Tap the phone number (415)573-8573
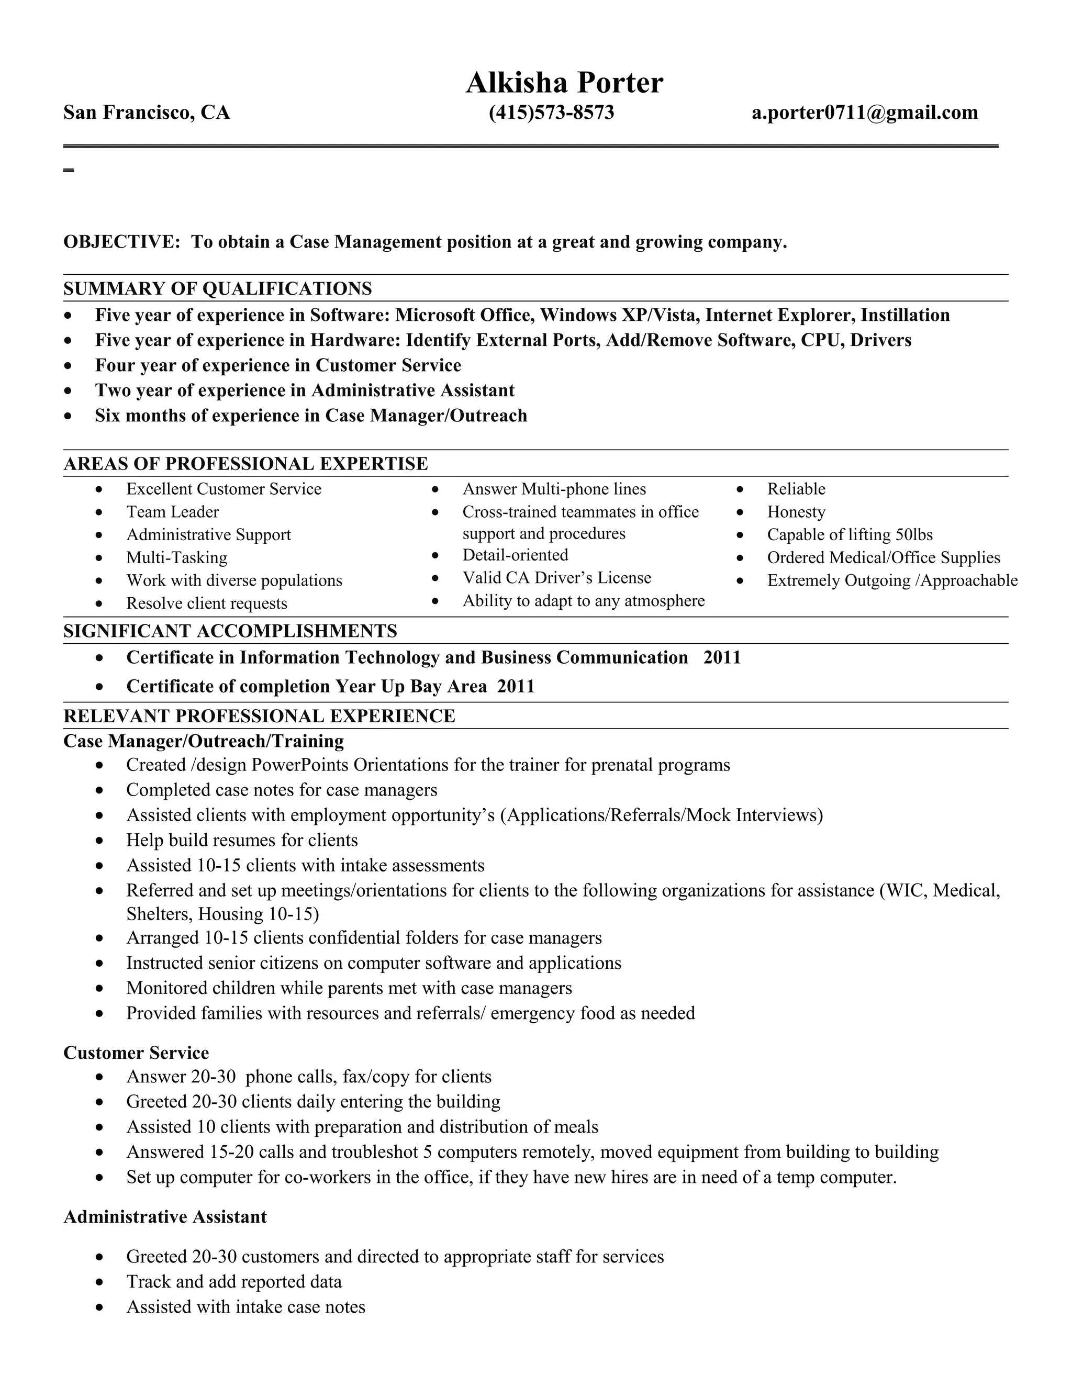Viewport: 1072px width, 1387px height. pos(551,113)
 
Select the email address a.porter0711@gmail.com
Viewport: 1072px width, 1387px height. pos(864,113)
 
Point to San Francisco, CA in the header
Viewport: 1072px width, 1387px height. pos(147,113)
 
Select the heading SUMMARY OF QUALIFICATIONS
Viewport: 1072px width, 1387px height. pos(217,289)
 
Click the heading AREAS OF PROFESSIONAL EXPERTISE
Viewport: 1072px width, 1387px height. pos(245,464)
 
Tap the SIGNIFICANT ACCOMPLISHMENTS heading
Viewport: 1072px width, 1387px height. pos(230,631)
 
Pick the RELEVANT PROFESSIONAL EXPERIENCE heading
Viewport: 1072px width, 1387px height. pos(259,717)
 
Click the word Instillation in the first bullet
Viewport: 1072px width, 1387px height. pos(905,316)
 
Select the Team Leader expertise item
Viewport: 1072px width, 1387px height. pos(172,512)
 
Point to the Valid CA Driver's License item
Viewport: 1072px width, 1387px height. pos(556,578)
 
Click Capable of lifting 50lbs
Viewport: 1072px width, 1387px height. pos(850,535)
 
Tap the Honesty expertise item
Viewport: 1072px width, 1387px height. pos(796,512)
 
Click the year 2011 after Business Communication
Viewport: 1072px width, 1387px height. pos(722,657)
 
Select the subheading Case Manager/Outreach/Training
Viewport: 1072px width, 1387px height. pos(203,741)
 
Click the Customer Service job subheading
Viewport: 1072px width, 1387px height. pos(136,1053)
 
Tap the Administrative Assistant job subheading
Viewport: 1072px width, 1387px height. pos(165,1217)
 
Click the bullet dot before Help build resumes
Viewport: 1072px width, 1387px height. pos(99,841)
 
